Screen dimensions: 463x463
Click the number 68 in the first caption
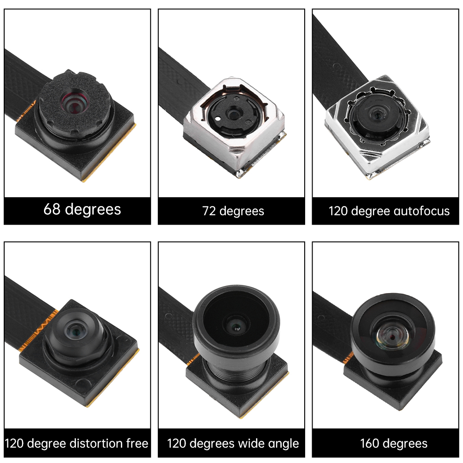pos(52,209)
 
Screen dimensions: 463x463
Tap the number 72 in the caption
pos(209,211)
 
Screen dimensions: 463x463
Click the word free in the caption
pos(137,444)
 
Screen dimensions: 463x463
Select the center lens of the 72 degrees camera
pos(233,114)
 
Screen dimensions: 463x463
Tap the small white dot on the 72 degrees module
pos(218,119)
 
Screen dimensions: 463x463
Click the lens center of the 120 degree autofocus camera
pos(377,114)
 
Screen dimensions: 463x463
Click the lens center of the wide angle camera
pos(236,326)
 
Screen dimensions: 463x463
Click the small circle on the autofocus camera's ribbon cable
pos(336,66)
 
